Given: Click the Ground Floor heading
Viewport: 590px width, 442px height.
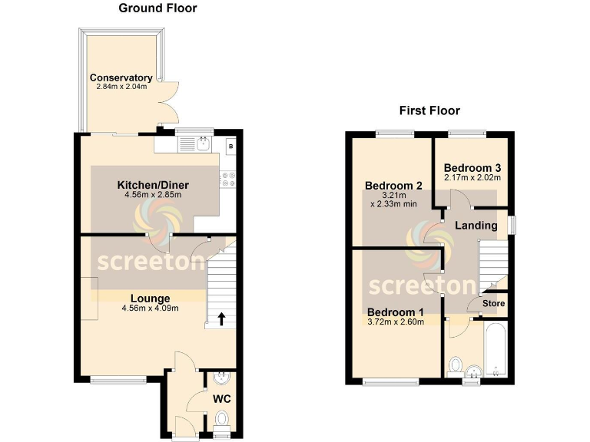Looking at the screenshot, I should [x=158, y=8].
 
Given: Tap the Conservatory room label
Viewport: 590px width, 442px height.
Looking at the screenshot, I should [x=121, y=78].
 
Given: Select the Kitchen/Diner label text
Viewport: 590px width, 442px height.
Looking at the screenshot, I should [x=153, y=185].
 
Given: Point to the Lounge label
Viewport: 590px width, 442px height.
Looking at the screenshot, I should [x=150, y=298].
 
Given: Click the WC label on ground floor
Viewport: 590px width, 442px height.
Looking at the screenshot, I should [x=221, y=400].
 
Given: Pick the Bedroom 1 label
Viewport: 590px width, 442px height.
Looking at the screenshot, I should [x=395, y=312].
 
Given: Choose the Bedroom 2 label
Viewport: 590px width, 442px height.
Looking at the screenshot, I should [x=394, y=185].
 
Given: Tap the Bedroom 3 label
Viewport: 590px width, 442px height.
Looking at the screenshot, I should [x=472, y=168].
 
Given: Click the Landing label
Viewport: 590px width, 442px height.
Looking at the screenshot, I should [x=476, y=226].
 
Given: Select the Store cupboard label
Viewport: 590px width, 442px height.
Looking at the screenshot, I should [x=493, y=303].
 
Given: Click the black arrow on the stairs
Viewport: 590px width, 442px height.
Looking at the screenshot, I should [x=222, y=317].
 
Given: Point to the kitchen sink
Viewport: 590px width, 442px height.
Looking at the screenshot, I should [x=202, y=143].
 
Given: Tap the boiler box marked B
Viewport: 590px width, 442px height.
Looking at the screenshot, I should [x=230, y=145].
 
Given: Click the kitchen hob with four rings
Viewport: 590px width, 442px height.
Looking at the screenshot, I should [x=228, y=179].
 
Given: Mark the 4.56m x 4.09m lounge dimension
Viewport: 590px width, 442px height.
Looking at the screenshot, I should [x=150, y=308].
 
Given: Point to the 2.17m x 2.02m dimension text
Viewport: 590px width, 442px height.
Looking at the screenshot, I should [x=472, y=178].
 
